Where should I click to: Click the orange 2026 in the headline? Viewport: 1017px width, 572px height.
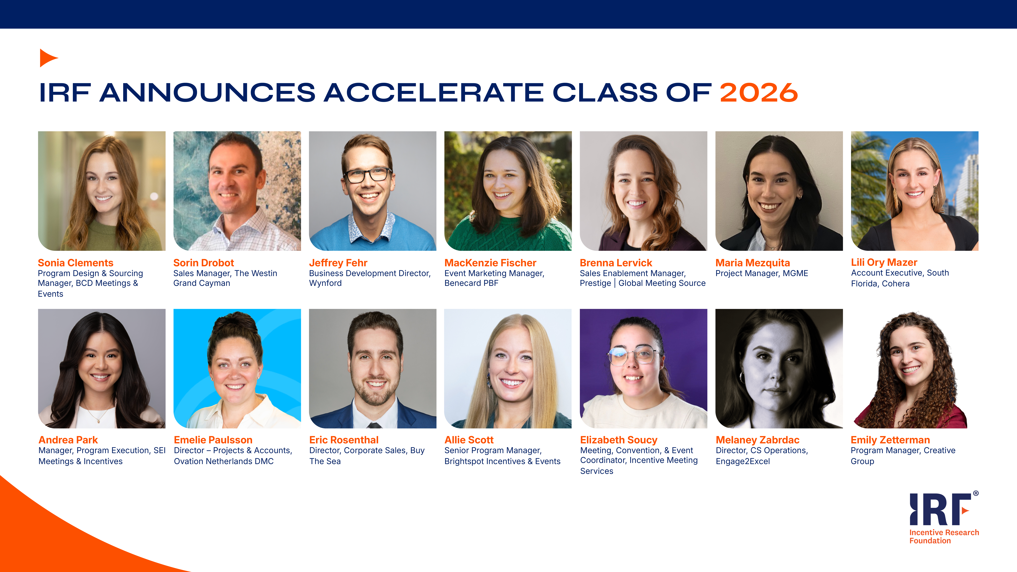[758, 93]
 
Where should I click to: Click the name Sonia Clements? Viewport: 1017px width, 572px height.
[75, 263]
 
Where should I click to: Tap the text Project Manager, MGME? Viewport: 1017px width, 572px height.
[762, 273]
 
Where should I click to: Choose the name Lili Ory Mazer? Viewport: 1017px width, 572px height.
[884, 262]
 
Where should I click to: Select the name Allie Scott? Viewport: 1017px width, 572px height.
[469, 440]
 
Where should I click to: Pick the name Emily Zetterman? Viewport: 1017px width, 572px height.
[890, 440]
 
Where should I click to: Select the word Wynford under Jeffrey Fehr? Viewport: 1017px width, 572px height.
[325, 283]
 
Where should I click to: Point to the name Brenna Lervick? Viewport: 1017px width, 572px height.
[616, 263]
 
